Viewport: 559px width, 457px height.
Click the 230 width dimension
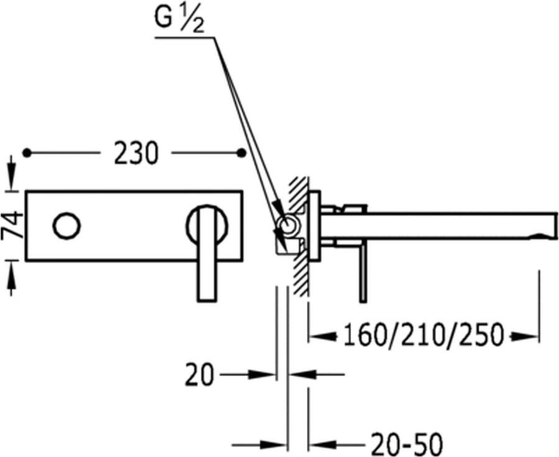point(136,153)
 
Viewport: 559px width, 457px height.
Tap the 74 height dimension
point(13,225)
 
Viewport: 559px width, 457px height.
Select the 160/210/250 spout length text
point(424,335)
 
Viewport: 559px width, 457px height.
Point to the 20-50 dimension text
point(406,445)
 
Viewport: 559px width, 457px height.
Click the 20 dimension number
point(199,374)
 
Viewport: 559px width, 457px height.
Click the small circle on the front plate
point(66,226)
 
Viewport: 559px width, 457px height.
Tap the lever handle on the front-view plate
point(207,253)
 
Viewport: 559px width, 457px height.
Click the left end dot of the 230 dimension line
point(27,153)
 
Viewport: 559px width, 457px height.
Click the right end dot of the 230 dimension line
point(242,153)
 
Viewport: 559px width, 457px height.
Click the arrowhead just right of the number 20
point(262,374)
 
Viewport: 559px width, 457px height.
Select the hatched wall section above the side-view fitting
point(299,194)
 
